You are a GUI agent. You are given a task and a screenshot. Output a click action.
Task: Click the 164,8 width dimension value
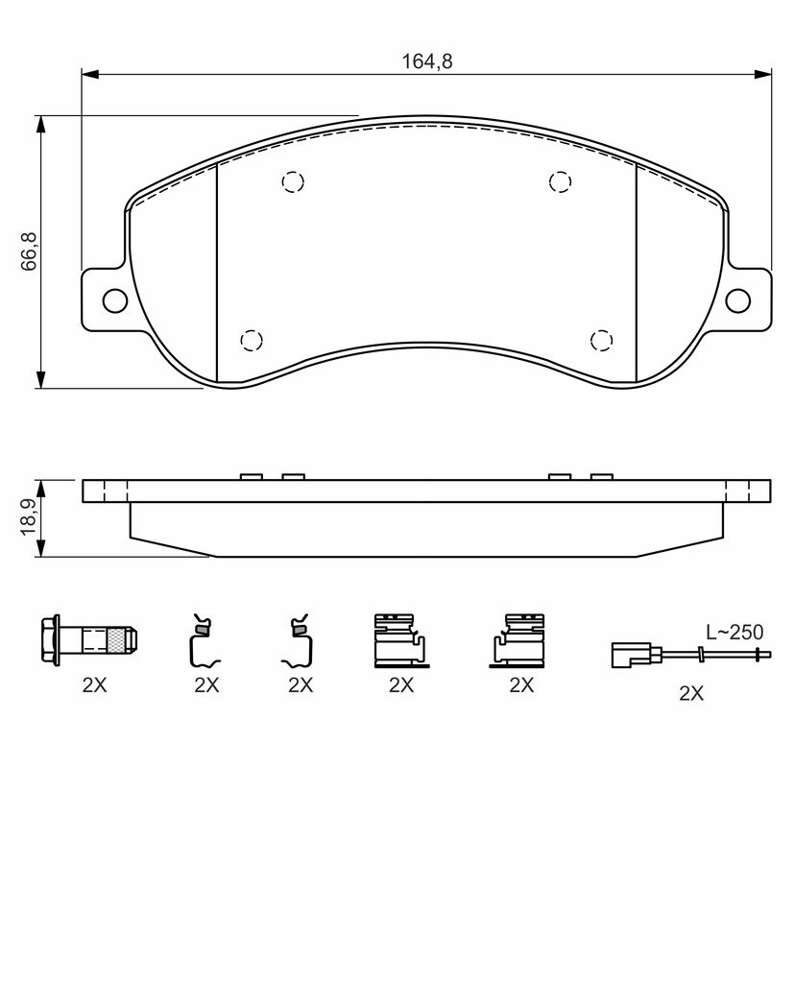[426, 61]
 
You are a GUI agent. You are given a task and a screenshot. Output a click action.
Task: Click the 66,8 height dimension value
[30, 252]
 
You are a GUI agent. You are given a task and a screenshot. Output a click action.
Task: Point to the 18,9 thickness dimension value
[30, 517]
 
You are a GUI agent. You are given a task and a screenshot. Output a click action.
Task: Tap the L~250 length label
[734, 632]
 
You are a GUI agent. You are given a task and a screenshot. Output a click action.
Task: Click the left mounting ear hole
[115, 300]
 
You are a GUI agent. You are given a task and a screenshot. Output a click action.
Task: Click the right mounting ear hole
[738, 300]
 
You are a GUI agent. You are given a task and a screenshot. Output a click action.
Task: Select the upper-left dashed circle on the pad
[293, 181]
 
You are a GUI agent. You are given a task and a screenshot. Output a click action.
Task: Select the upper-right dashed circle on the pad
[560, 181]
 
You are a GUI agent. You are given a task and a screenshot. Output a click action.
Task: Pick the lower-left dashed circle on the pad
[252, 341]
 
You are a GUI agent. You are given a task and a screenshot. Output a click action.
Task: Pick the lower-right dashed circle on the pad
[601, 341]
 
